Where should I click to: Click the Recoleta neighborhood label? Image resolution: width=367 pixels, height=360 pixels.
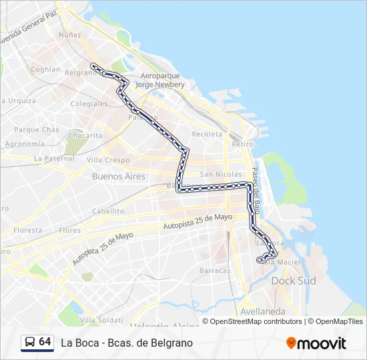(x=207, y=134)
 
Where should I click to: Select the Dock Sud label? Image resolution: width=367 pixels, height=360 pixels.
(x=294, y=281)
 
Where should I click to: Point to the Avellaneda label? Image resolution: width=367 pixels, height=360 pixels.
(x=262, y=311)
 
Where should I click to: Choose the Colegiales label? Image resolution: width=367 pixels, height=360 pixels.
(x=89, y=104)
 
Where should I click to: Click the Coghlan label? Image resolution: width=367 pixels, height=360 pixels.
(x=45, y=69)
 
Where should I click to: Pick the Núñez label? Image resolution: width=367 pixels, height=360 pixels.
(x=70, y=35)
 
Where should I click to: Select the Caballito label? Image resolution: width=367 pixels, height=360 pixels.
(x=108, y=211)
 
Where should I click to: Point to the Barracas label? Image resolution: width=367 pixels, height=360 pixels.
(x=215, y=271)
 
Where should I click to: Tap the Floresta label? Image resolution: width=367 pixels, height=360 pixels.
(x=28, y=230)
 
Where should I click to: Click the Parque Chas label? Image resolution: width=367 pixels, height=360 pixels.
(x=37, y=129)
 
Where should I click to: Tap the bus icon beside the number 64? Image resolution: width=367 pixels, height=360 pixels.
(x=29, y=343)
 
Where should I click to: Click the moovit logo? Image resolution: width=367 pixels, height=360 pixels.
(x=316, y=343)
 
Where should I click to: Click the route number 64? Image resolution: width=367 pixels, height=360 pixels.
(x=45, y=342)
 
